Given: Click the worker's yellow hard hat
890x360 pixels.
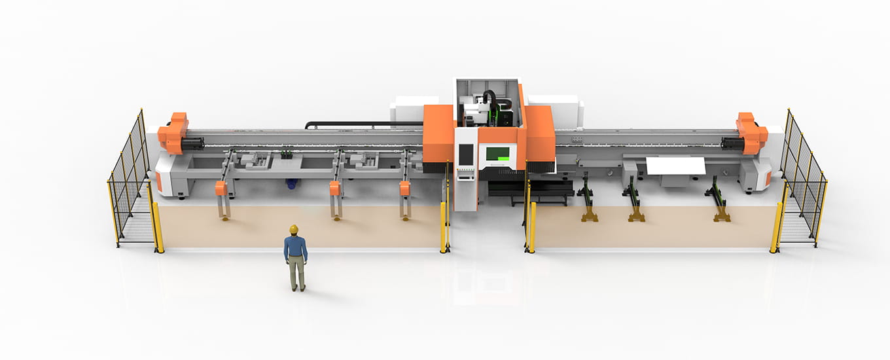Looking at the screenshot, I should pos(294,229).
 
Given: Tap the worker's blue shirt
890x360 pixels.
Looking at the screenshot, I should pos(295,247).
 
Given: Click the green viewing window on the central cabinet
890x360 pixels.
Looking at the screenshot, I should pos(497,154).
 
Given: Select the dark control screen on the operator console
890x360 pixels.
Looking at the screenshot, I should pos(465,154).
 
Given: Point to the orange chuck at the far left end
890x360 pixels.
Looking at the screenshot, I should pos(173,133).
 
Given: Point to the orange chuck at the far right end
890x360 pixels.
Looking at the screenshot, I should pos(751,133).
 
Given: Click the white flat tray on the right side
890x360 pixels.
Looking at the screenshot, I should pos(675,166).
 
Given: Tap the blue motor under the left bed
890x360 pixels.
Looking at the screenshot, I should pos(292,184).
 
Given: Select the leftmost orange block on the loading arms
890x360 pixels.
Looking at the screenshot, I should pos(221,189).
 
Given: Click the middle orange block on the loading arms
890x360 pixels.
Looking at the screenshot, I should pos(335,189).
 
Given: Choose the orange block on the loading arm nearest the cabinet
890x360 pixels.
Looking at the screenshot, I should pos(404,189).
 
